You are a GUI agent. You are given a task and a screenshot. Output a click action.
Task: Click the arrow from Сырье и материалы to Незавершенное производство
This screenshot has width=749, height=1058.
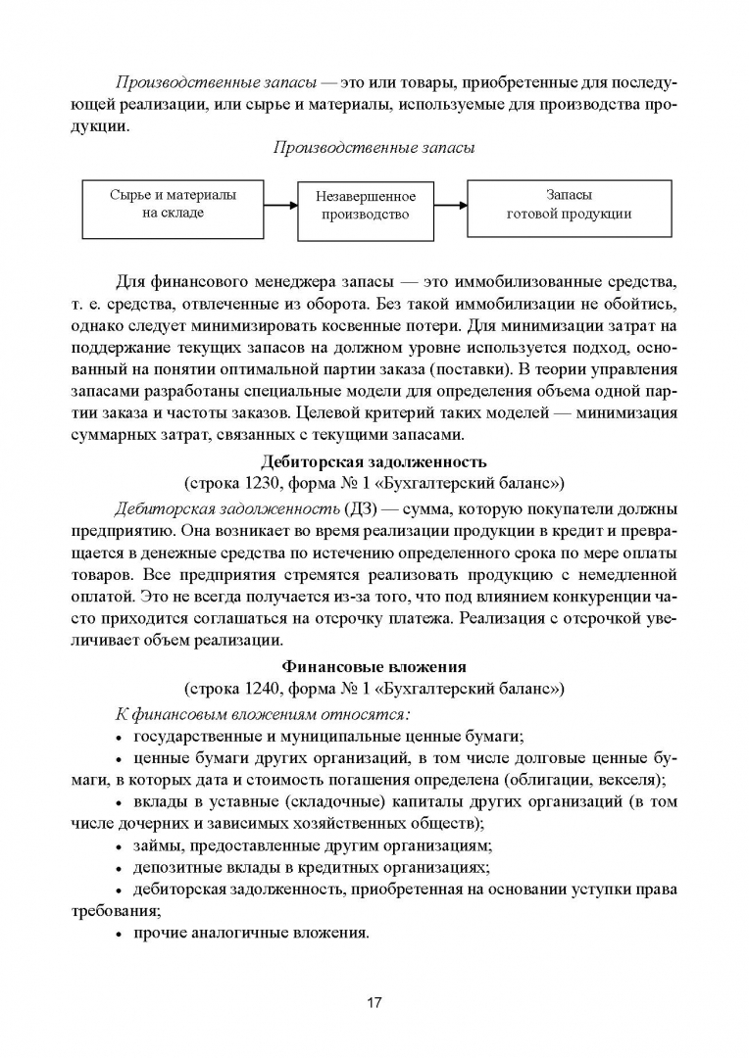click(280, 206)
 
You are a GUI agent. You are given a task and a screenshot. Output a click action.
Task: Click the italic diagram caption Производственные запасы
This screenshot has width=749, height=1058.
click(374, 148)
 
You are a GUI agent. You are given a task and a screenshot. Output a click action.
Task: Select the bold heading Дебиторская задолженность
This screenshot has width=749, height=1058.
click(374, 461)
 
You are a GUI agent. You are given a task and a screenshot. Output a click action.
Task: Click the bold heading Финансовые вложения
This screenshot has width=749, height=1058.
click(374, 667)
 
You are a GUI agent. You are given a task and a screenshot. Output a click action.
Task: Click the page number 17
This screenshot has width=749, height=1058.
click(374, 1003)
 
